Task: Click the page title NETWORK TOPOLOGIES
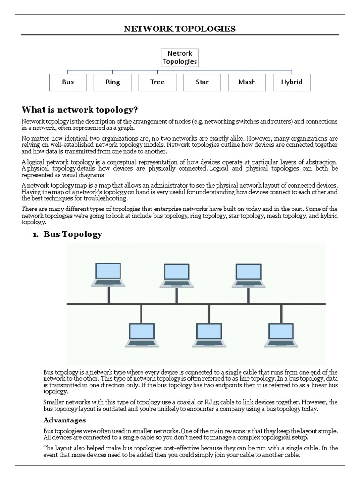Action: tap(180, 29)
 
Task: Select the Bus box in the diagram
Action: tap(67, 82)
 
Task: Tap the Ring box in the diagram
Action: tap(112, 82)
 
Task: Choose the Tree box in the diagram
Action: tap(157, 82)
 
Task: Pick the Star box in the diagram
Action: tap(202, 82)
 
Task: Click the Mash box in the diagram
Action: tap(247, 82)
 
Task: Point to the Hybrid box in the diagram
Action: tap(292, 82)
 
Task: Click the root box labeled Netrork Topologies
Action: tap(180, 57)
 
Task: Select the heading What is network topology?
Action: tap(80, 110)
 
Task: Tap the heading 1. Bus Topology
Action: tap(67, 234)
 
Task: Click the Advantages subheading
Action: tap(65, 420)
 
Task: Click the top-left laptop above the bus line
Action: tap(108, 274)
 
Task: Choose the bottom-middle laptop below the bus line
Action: tap(210, 335)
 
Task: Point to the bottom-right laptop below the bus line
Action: tap(281, 335)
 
